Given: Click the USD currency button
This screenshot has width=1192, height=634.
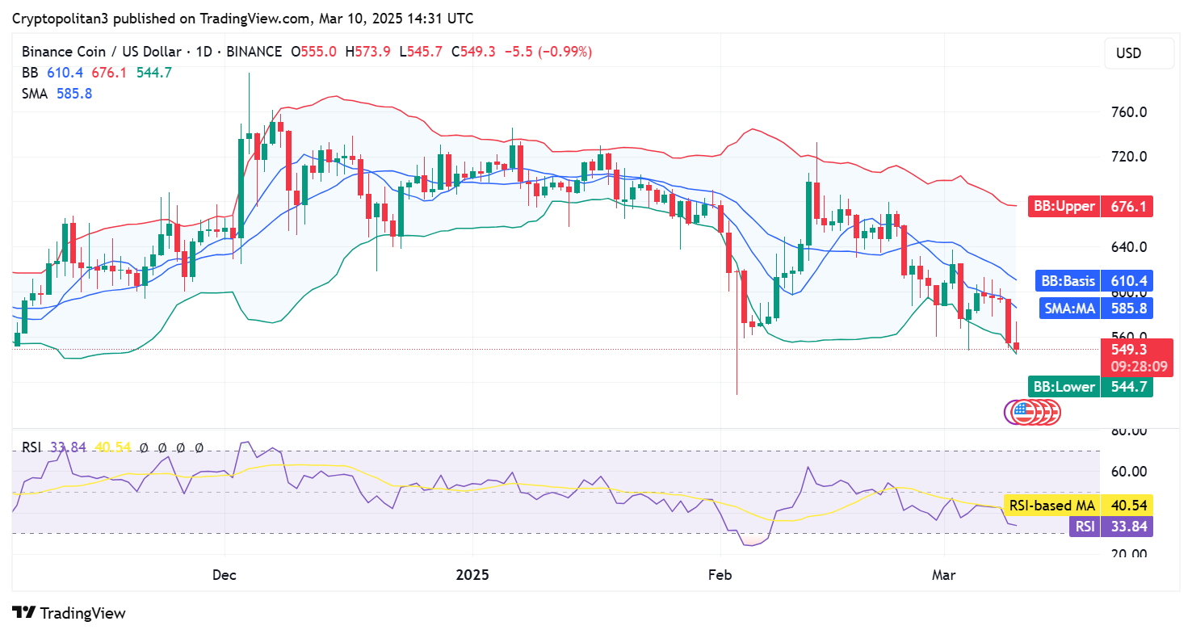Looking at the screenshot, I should click(x=1139, y=53).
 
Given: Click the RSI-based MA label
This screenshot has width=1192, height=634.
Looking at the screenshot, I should click(x=1051, y=506).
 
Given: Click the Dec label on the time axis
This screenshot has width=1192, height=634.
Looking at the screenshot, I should click(x=224, y=575).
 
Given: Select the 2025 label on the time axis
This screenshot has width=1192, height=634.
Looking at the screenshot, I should click(x=472, y=575).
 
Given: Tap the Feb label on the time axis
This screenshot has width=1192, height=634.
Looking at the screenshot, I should click(x=720, y=575).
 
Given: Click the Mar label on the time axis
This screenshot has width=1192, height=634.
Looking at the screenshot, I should click(x=943, y=575).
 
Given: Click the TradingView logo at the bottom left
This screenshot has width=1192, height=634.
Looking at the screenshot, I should click(x=69, y=613).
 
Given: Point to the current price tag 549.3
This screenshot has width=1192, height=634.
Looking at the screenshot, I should click(x=1130, y=350).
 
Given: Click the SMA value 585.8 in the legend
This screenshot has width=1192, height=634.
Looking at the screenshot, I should click(x=74, y=94).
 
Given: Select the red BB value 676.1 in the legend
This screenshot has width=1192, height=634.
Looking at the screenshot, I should click(x=109, y=73).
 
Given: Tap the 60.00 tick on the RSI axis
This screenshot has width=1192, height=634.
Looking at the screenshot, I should click(x=1130, y=472).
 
